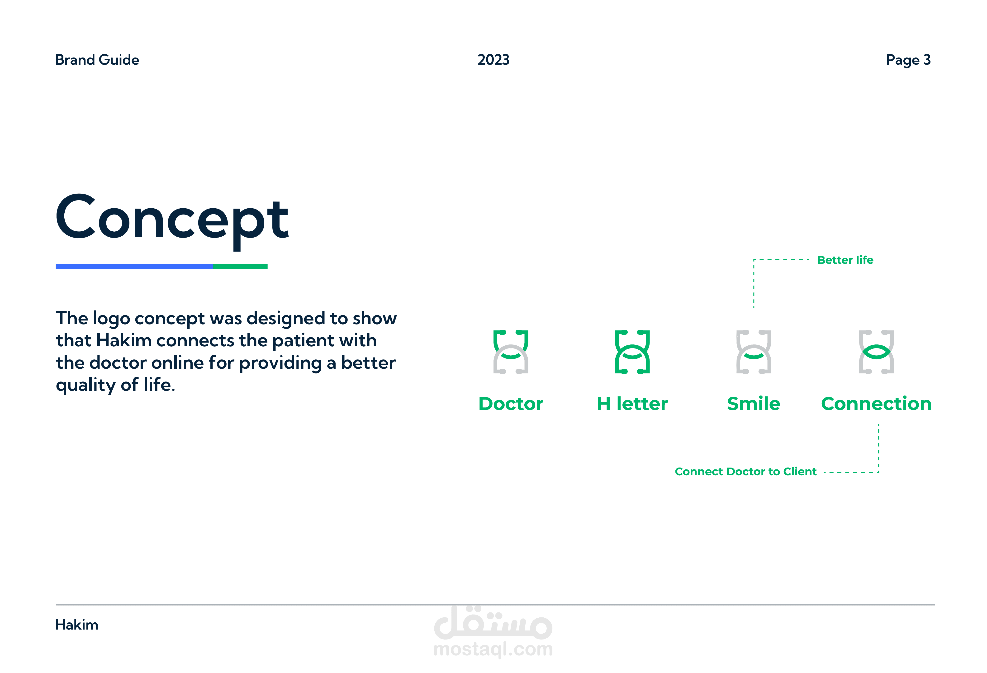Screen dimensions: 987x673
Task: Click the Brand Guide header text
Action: click(97, 60)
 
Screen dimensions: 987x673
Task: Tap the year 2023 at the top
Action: click(493, 60)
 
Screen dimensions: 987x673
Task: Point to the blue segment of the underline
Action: click(134, 266)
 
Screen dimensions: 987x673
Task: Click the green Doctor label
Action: click(511, 404)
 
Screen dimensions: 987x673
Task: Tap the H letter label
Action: click(632, 404)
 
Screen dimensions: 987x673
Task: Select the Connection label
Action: click(876, 404)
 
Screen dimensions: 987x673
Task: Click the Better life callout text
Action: click(845, 260)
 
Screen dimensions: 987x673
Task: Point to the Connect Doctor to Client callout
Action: click(746, 472)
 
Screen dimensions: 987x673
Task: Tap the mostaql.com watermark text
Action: click(493, 649)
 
